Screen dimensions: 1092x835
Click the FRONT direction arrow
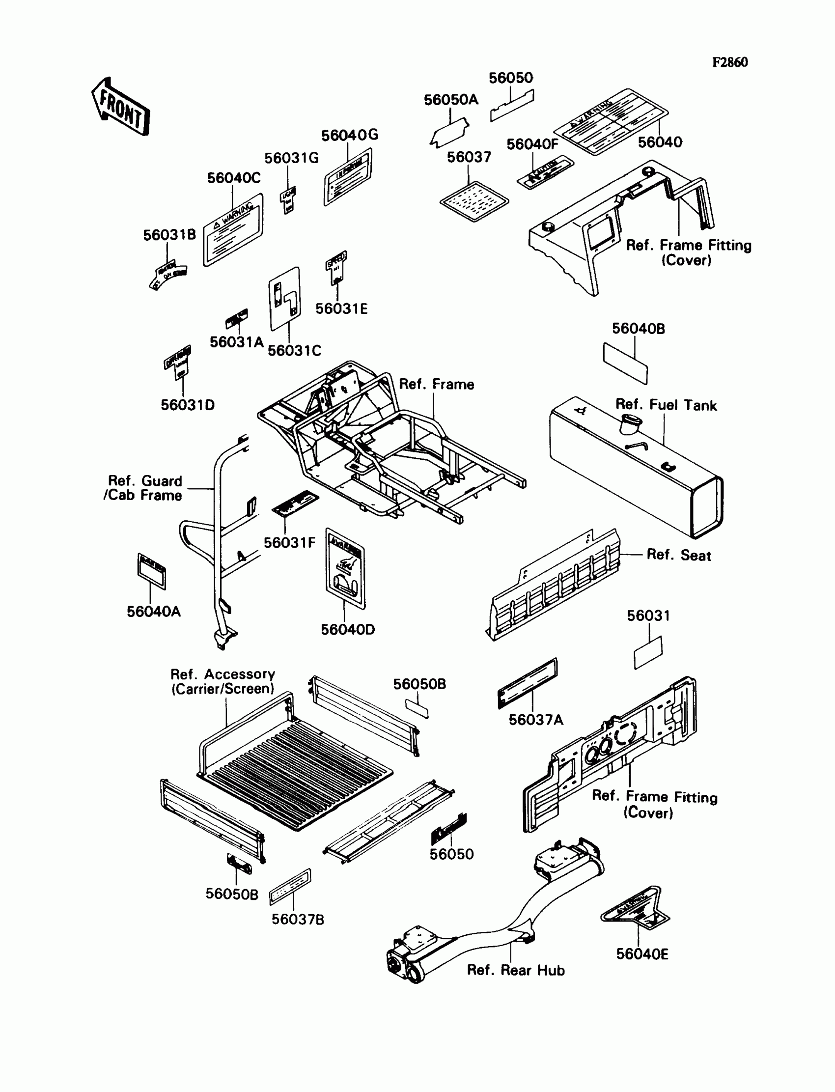121,107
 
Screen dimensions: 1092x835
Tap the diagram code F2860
729,62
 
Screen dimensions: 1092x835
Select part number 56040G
349,135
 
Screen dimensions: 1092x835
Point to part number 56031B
169,235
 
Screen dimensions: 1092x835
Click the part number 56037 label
469,157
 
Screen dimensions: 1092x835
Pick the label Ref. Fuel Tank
666,405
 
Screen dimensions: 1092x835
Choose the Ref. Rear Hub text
516,970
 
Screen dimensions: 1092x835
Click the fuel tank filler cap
630,423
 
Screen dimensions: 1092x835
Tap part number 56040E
642,954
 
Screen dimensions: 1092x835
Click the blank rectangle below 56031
648,653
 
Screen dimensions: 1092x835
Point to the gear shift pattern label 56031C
285,299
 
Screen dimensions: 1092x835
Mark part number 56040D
347,630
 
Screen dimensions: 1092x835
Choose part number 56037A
536,720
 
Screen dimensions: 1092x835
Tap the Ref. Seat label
678,555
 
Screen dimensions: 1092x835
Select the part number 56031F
289,543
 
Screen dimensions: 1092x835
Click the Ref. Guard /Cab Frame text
144,488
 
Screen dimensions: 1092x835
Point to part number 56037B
298,920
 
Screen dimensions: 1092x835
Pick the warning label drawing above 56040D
345,569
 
